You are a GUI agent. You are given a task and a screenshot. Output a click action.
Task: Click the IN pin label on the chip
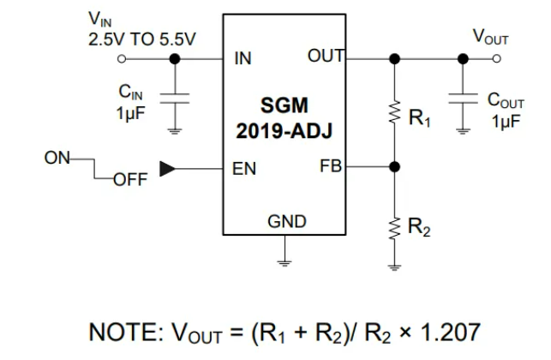pos(242,60)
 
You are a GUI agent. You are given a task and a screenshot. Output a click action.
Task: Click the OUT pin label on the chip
pos(325,57)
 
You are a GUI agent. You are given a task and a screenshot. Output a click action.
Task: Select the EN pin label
pos(244,169)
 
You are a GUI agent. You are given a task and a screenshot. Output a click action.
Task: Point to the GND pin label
pos(287,222)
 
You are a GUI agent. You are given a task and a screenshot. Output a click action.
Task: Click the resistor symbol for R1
pos(394,114)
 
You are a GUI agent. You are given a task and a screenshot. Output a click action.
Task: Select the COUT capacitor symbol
pos(463,96)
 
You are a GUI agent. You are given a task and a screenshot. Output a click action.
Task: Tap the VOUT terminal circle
pos(498,59)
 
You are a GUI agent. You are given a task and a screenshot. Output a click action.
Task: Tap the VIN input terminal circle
pos(122,59)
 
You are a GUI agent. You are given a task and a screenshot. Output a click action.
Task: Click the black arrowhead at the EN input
pos(168,169)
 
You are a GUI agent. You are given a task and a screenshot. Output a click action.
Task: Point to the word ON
pos(57,159)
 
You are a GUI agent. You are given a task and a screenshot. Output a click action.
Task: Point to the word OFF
pos(130,180)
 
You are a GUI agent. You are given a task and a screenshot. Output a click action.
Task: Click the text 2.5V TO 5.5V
pos(141,39)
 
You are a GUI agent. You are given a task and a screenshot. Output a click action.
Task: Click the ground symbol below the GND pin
pos(286,260)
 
